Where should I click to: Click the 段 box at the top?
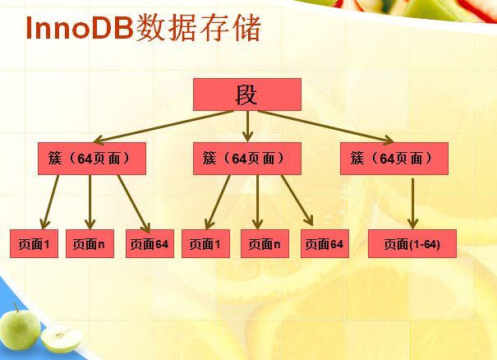(x=247, y=95)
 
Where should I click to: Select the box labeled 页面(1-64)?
(x=412, y=243)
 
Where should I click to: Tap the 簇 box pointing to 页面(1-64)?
(x=394, y=159)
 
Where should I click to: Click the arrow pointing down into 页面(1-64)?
(x=412, y=203)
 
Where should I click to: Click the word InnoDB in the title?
(x=79, y=28)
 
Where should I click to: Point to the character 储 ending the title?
(x=246, y=28)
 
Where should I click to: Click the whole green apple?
(x=20, y=328)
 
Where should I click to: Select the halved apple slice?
(x=62, y=339)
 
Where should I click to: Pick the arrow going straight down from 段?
(x=247, y=126)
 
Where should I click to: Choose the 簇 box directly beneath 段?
(x=247, y=159)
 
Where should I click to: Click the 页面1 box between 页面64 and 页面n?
(x=205, y=243)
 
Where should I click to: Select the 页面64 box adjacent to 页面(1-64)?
(x=324, y=243)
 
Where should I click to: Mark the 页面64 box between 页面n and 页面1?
(x=150, y=243)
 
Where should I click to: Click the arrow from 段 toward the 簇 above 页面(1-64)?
(x=326, y=127)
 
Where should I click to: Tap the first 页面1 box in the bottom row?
(x=34, y=243)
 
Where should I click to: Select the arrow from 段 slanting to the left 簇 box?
(x=163, y=127)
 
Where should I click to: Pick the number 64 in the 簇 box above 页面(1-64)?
(x=387, y=159)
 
